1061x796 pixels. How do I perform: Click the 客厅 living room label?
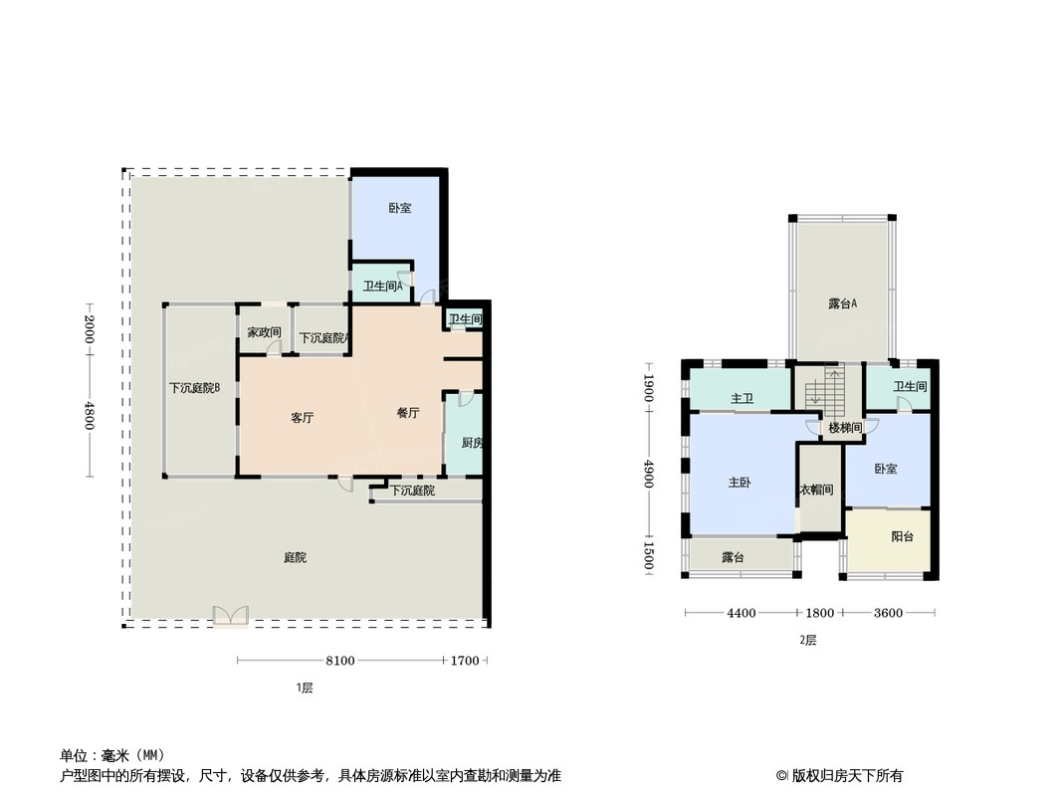tap(302, 418)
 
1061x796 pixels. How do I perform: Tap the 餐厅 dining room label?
tap(408, 413)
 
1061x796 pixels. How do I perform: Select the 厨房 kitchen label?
tap(472, 443)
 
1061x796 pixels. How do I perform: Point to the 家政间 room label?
tap(264, 332)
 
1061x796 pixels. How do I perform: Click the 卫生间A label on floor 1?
tap(383, 287)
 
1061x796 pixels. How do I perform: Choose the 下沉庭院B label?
tap(195, 388)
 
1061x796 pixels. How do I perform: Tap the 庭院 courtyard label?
tap(295, 557)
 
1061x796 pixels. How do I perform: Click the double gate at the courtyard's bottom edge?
tap(231, 616)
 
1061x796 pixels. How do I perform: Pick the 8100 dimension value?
tap(339, 661)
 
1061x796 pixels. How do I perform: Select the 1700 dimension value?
tap(465, 661)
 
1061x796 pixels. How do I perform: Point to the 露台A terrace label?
tap(842, 303)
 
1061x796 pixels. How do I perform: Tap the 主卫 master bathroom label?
tap(743, 399)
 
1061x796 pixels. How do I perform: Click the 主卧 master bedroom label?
tap(739, 483)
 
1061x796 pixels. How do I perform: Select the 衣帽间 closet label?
tap(817, 490)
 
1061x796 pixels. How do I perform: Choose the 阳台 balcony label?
tap(902, 536)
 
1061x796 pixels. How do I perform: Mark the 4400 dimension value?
tap(741, 613)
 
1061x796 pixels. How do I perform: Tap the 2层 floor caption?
tap(808, 640)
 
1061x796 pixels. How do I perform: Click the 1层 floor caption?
tap(305, 688)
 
